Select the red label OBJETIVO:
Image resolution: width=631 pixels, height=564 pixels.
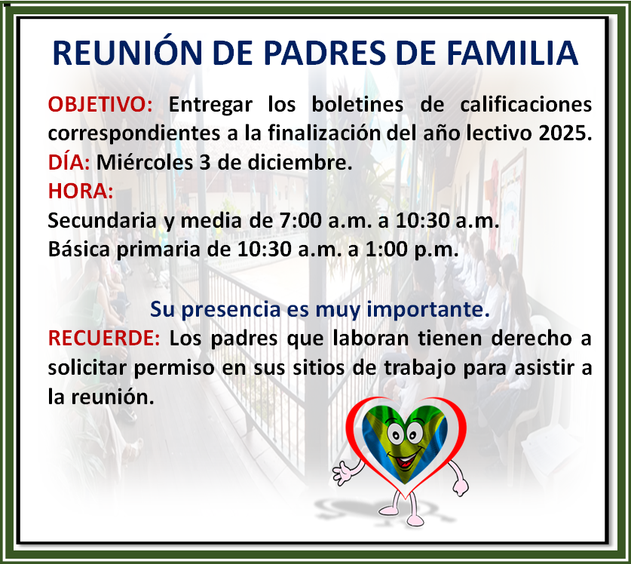click(102, 104)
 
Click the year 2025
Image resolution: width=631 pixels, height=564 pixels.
click(565, 133)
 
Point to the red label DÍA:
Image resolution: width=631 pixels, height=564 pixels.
click(69, 162)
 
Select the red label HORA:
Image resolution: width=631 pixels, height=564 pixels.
click(80, 191)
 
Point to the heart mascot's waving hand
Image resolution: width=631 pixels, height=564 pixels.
click(343, 473)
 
